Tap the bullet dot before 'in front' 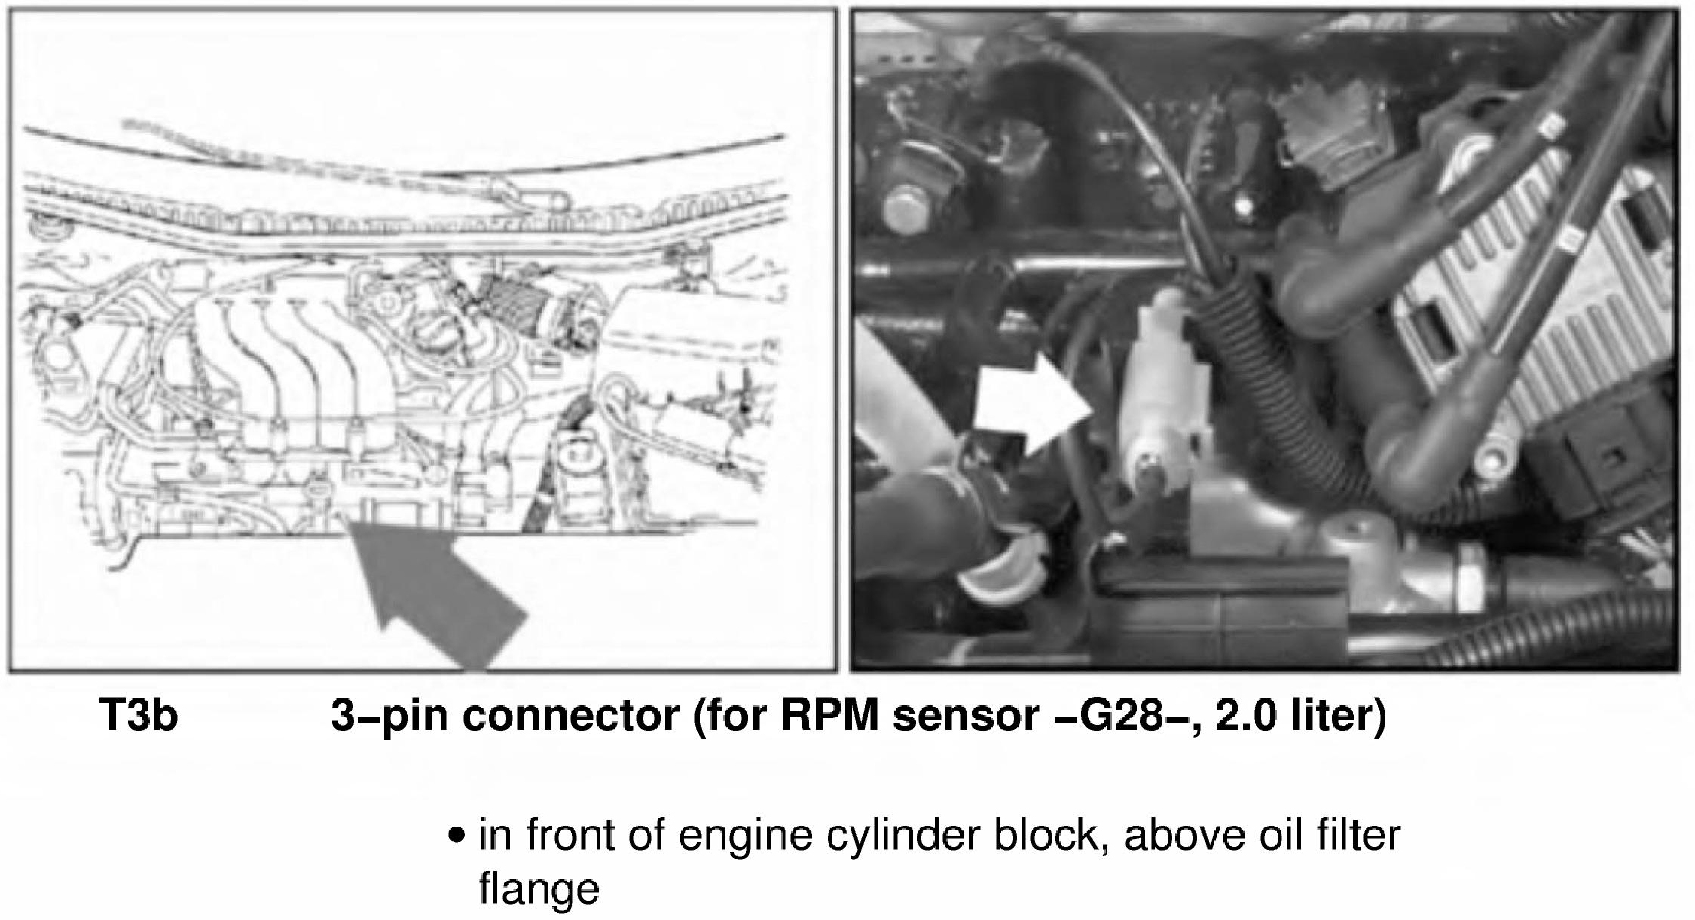(x=455, y=836)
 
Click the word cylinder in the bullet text (x=904, y=836)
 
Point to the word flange (x=539, y=890)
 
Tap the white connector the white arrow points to (x=1163, y=392)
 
